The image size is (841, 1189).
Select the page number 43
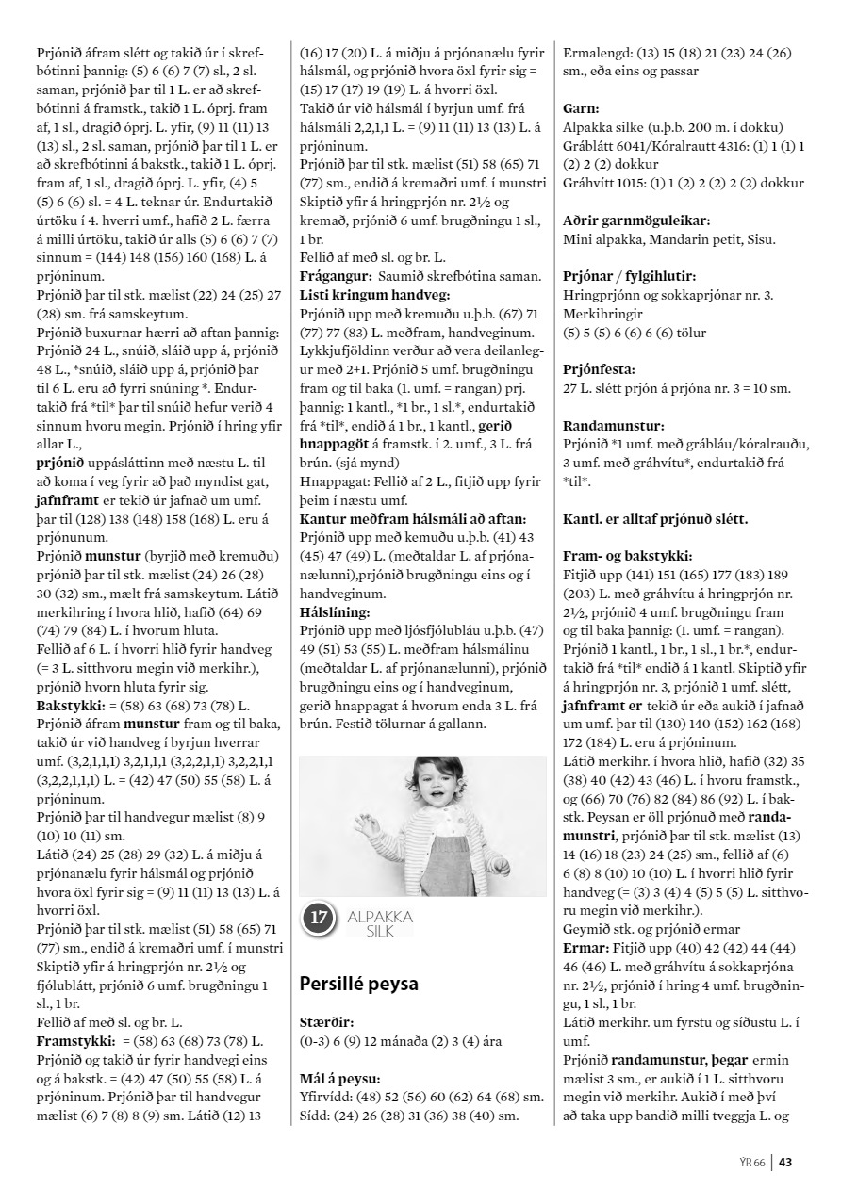(785, 1162)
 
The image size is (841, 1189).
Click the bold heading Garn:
(583, 109)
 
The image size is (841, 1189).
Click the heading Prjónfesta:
(599, 369)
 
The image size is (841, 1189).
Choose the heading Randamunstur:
(608, 425)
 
